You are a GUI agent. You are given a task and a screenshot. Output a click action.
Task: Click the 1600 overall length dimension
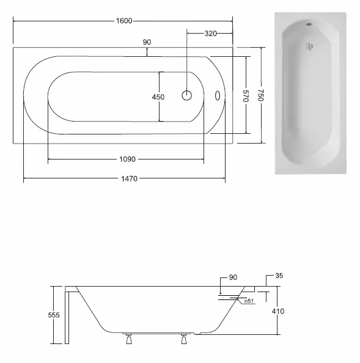pyautogui.click(x=124, y=21)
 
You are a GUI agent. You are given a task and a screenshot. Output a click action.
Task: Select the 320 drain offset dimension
pyautogui.click(x=211, y=34)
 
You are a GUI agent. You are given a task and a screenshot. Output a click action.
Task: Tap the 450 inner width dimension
pyautogui.click(x=158, y=97)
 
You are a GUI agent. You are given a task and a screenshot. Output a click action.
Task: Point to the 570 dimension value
pyautogui.click(x=246, y=96)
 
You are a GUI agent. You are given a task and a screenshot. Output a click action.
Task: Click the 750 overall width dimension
pyautogui.click(x=261, y=95)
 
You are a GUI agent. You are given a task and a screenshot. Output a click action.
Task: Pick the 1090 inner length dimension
pyautogui.click(x=127, y=159)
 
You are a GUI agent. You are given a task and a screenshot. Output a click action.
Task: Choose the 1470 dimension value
pyautogui.click(x=129, y=178)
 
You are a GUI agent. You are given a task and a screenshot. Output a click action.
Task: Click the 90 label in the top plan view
pyautogui.click(x=147, y=42)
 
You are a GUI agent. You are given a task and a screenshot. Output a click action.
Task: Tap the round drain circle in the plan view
pyautogui.click(x=186, y=95)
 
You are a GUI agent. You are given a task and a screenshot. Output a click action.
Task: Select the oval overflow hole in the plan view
pyautogui.click(x=218, y=95)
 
